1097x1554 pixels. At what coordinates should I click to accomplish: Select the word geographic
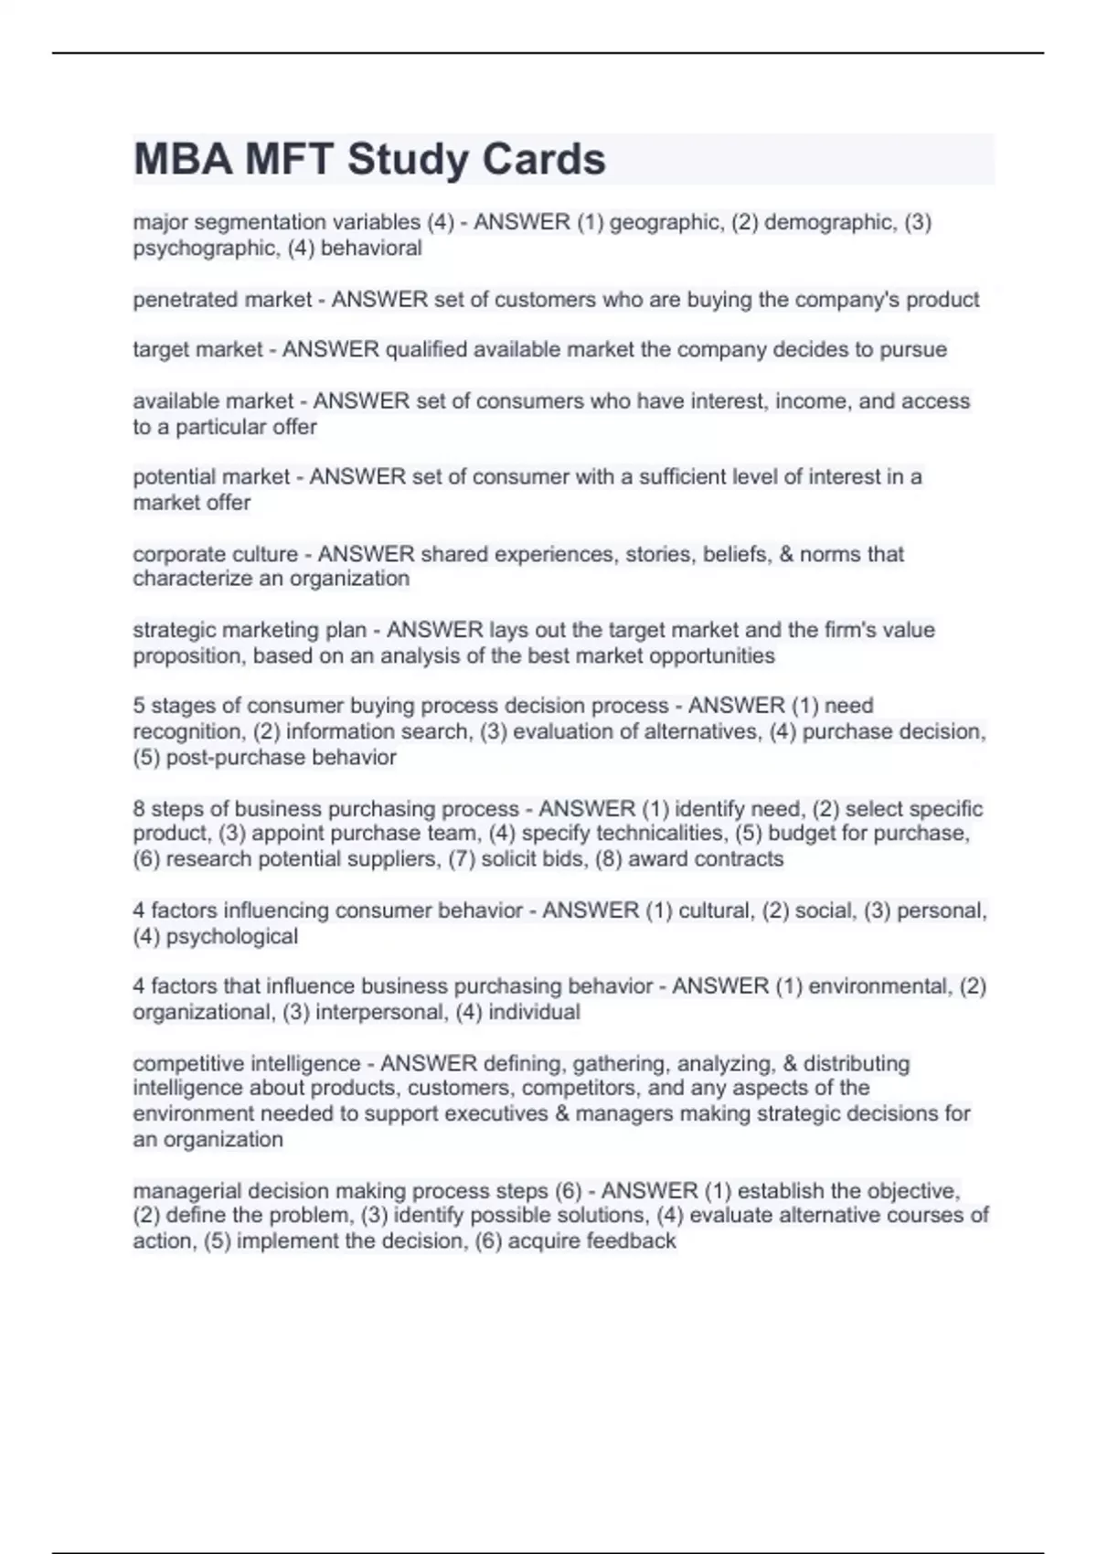pyautogui.click(x=664, y=222)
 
